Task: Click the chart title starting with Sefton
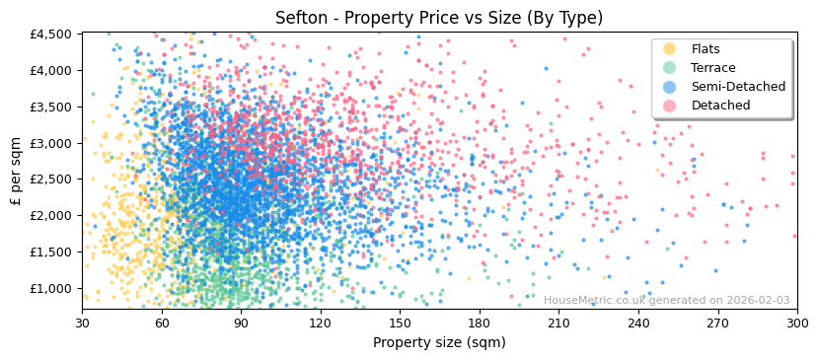click(x=439, y=18)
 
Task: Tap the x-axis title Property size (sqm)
click(x=439, y=342)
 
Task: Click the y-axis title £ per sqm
click(x=16, y=172)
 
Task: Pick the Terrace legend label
click(x=713, y=68)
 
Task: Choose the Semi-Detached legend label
click(x=738, y=87)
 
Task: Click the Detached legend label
click(x=720, y=106)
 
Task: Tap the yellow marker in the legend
click(x=669, y=49)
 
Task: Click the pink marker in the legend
click(x=669, y=106)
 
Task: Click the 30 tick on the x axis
click(x=82, y=323)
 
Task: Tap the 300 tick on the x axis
click(x=797, y=323)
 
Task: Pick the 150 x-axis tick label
click(x=400, y=323)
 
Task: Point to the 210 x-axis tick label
click(x=558, y=323)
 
